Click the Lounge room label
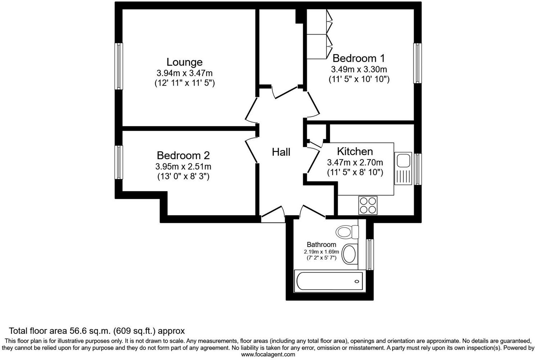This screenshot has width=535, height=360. (x=184, y=62)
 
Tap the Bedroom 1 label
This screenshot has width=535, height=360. (x=358, y=58)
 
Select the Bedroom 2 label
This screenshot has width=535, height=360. (x=183, y=156)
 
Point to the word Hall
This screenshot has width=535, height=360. (x=281, y=152)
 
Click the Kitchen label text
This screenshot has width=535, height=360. (x=355, y=151)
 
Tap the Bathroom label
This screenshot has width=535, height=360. (x=321, y=244)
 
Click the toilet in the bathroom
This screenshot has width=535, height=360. (x=347, y=231)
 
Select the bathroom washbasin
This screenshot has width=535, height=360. (x=349, y=254)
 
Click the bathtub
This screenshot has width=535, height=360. (x=329, y=281)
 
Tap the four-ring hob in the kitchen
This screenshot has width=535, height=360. (x=368, y=205)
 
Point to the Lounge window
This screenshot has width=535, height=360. (x=119, y=66)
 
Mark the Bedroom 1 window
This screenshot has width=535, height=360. (x=417, y=64)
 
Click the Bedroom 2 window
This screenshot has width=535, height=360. (x=119, y=162)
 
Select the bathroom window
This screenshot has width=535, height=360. (x=370, y=254)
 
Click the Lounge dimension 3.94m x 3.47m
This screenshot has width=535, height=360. (x=184, y=73)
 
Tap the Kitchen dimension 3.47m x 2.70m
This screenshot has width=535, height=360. (x=355, y=163)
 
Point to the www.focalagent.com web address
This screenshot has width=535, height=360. (x=268, y=354)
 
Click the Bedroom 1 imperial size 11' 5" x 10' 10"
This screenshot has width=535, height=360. (x=359, y=79)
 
